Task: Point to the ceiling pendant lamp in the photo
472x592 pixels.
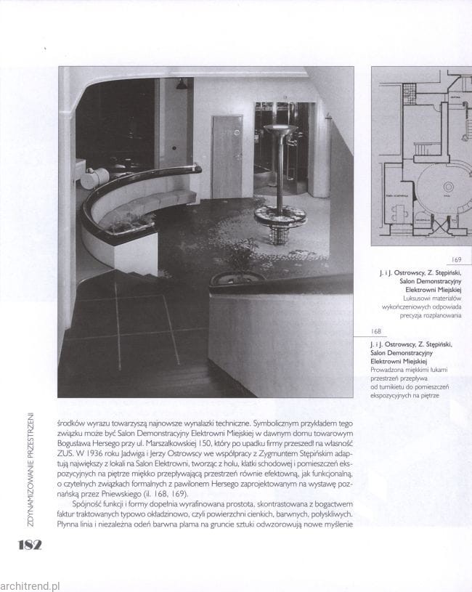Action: pos(180,85)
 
